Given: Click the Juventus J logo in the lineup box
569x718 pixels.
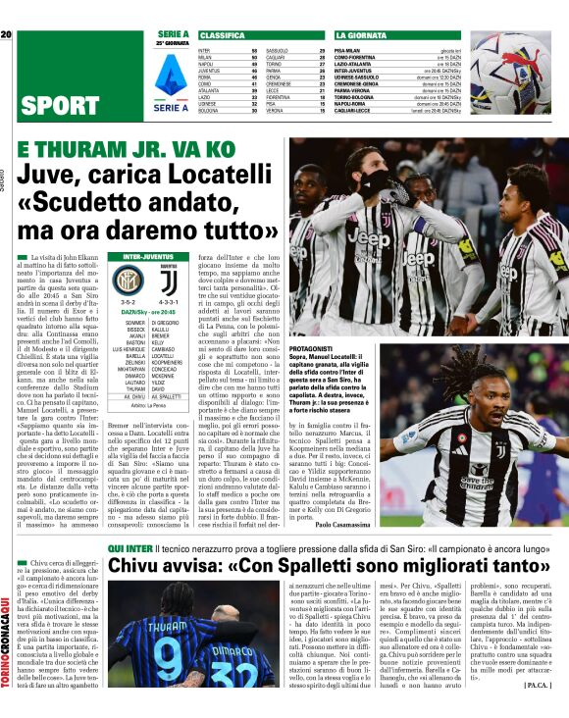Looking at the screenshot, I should coord(167,282).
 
